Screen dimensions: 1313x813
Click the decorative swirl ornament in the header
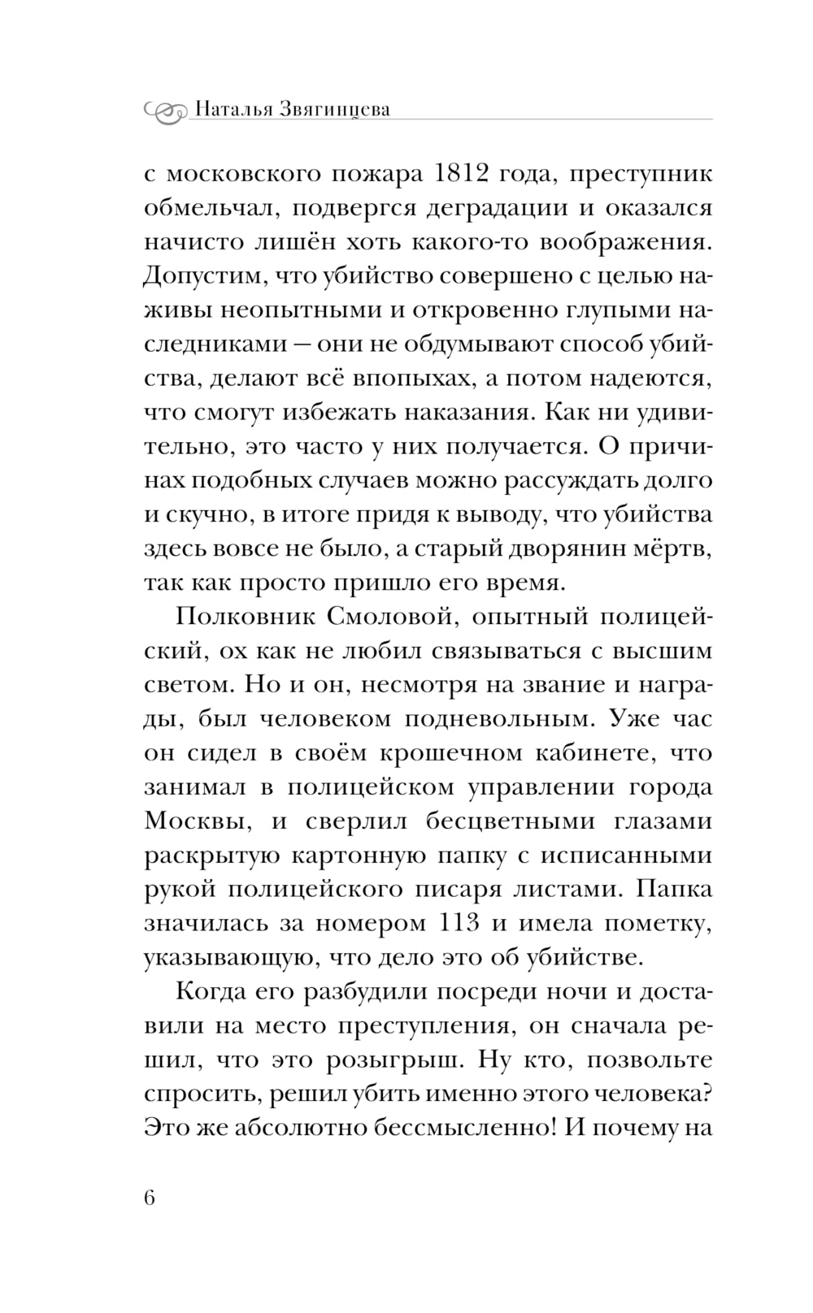pyautogui.click(x=166, y=110)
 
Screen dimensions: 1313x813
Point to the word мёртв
pyautogui.click(x=678, y=548)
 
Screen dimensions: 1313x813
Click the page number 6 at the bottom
pyautogui.click(x=150, y=1199)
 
